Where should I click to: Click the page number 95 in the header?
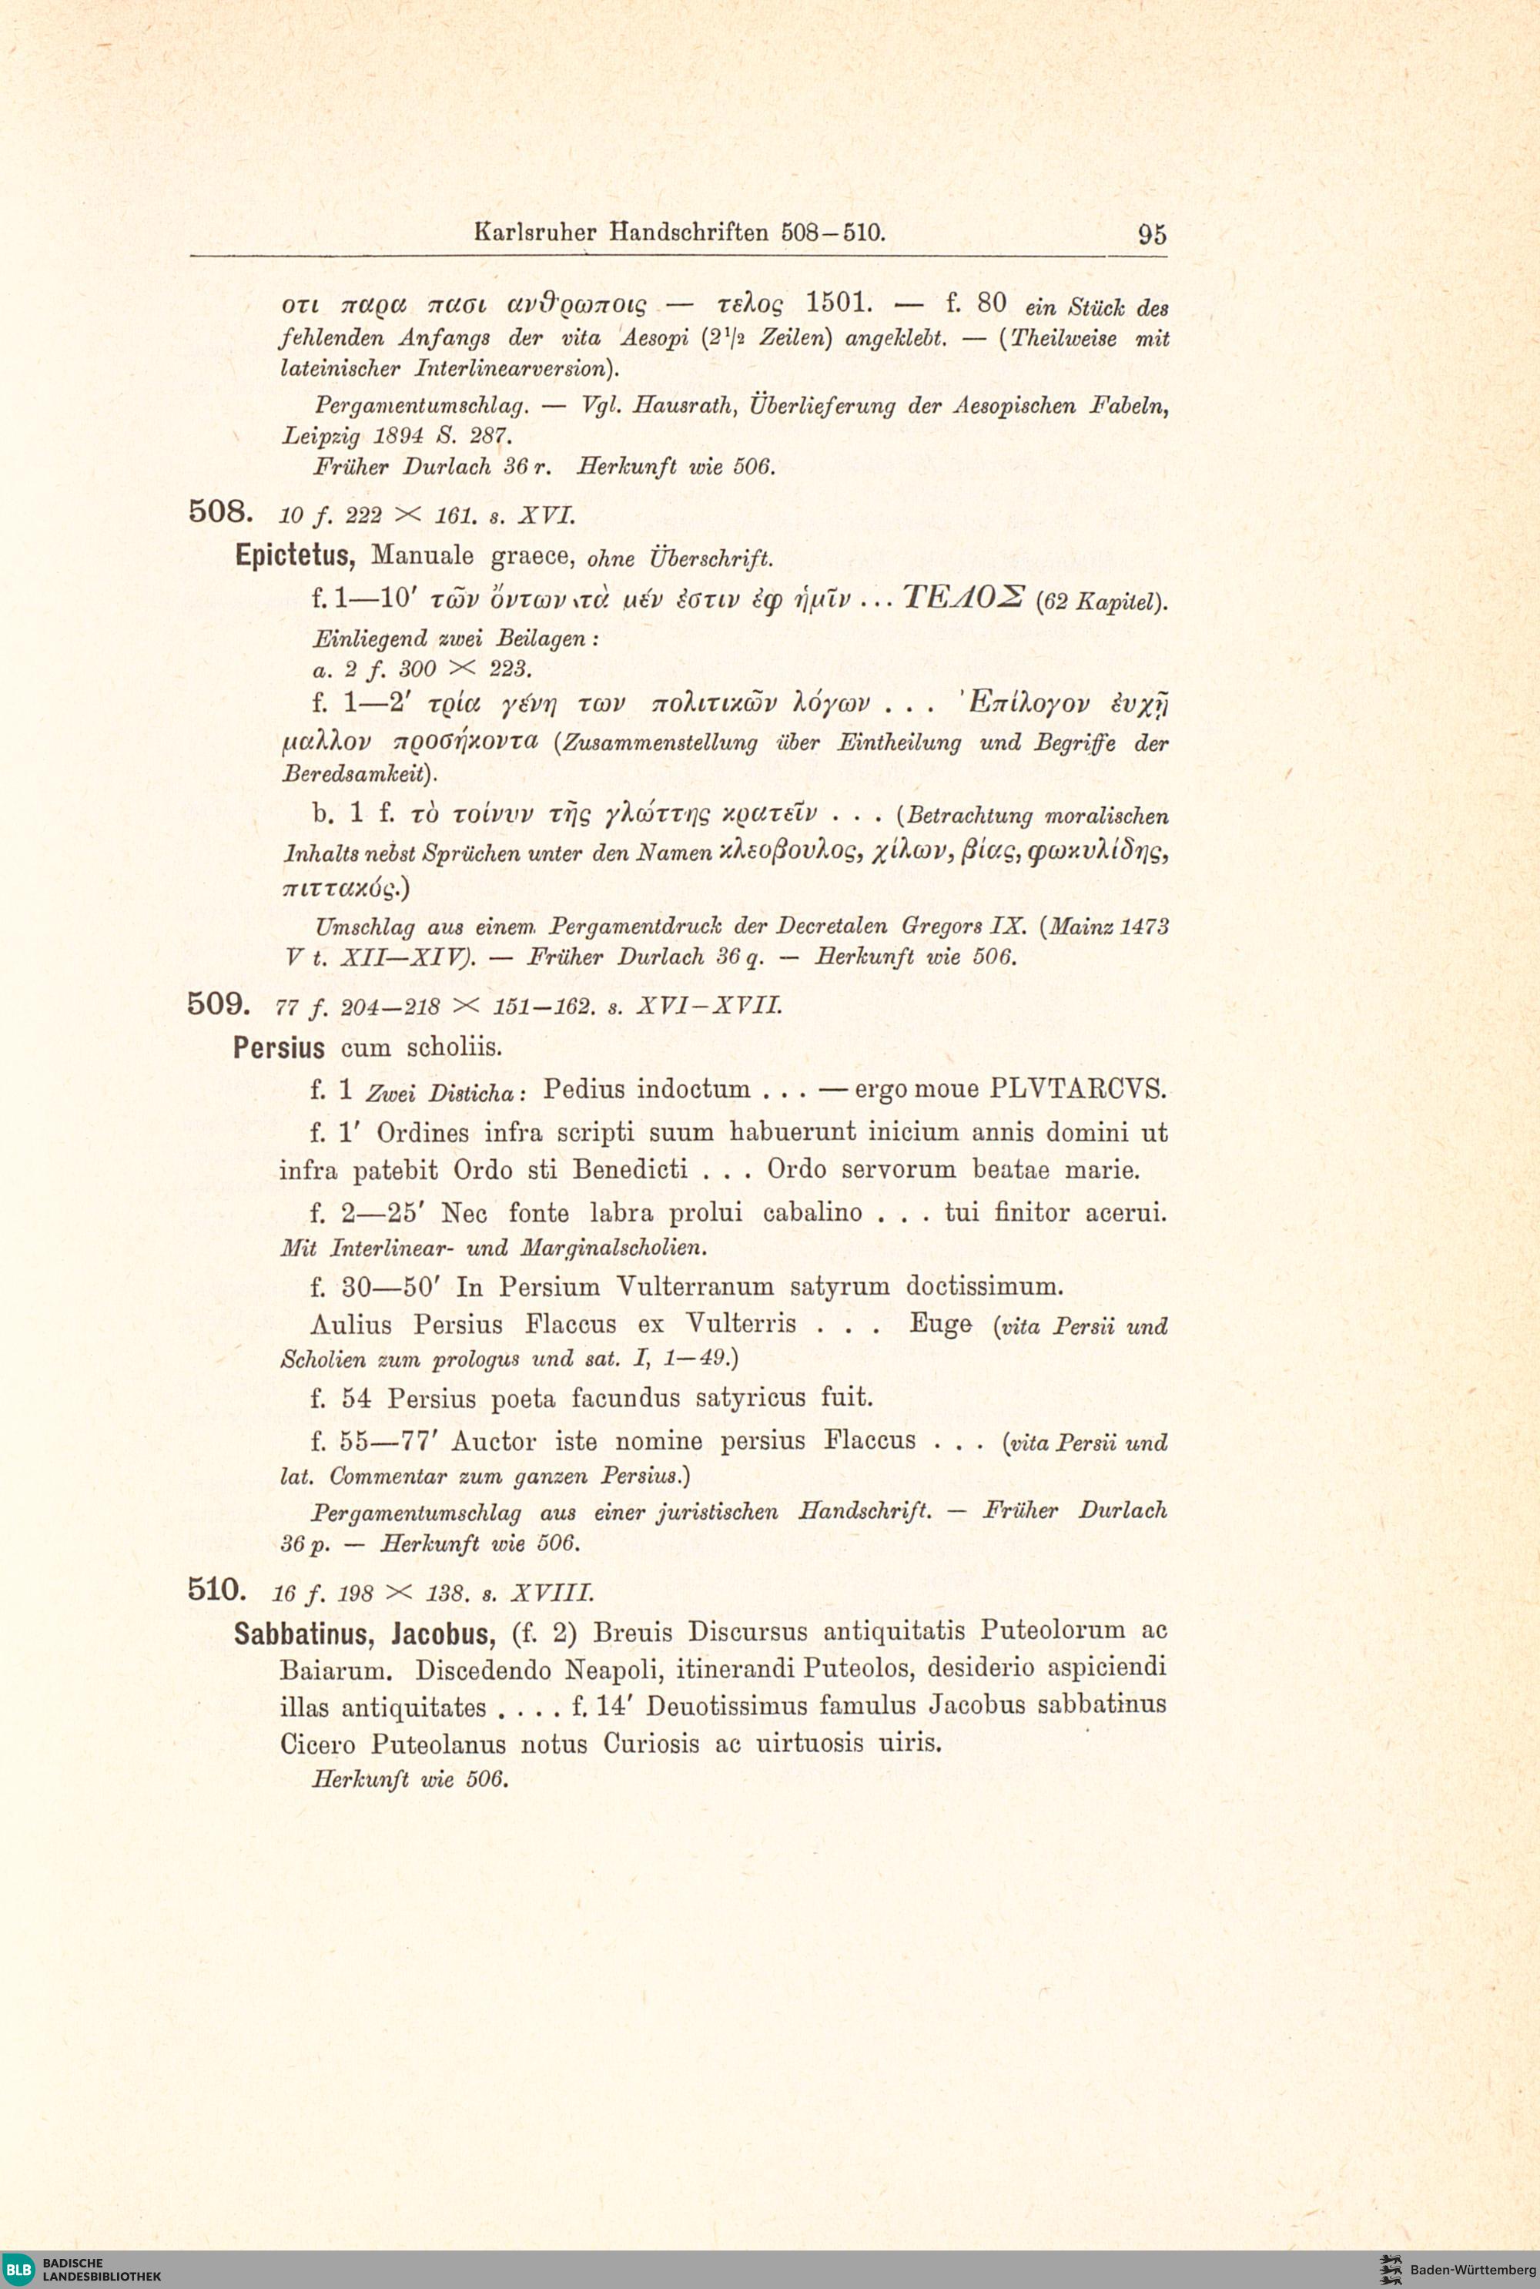1152,234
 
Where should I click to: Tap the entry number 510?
217,1589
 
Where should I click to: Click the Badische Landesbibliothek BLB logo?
20,2268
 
